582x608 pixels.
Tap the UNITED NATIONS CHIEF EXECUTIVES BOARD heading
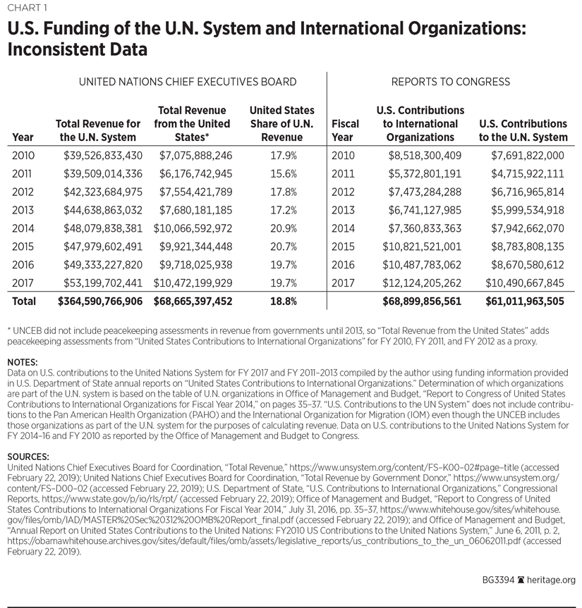coord(187,82)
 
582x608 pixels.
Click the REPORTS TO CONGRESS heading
coord(451,82)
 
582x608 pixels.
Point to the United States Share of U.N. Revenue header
coord(282,124)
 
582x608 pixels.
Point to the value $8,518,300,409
coord(423,155)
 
